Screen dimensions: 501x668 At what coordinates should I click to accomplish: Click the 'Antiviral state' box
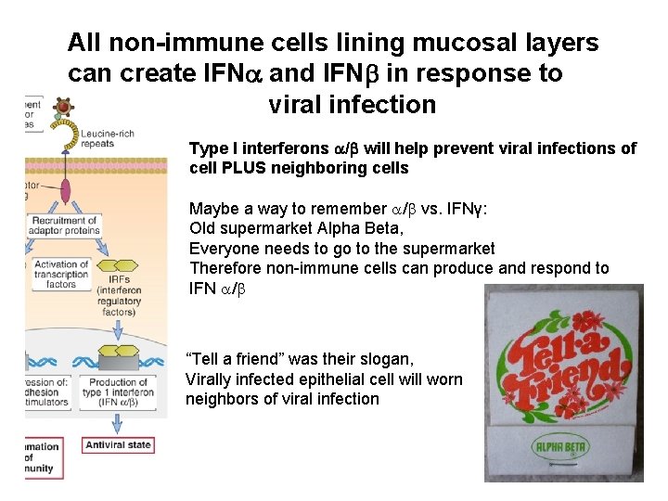click(119, 445)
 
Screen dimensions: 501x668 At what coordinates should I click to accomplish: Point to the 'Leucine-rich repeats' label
click(107, 139)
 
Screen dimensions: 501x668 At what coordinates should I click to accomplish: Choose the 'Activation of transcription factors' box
click(60, 275)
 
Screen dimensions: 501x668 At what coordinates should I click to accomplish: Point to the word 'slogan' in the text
click(387, 358)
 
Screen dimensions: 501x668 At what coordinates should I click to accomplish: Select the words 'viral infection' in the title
click(352, 104)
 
